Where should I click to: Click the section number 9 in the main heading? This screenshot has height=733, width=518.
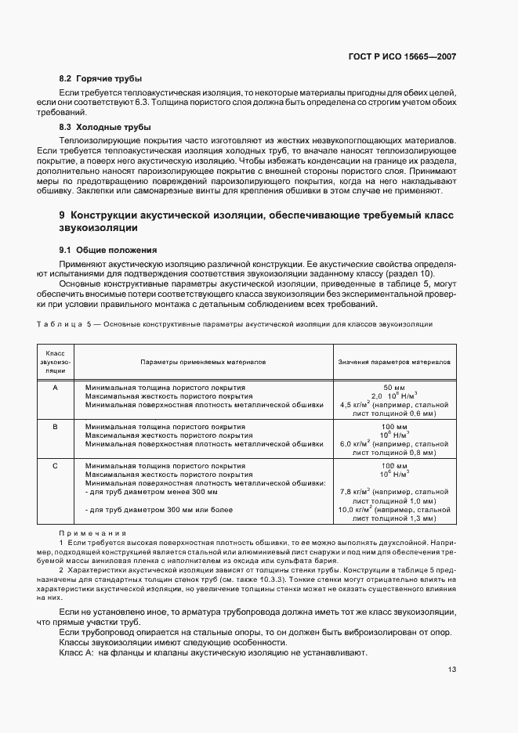point(62,215)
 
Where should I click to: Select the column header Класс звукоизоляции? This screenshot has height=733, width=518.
point(55,363)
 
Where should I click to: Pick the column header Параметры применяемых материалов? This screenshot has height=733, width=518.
point(203,363)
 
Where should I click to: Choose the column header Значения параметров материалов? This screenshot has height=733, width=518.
point(393,363)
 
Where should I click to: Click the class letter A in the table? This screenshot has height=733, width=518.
point(55,388)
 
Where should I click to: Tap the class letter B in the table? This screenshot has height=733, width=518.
point(55,427)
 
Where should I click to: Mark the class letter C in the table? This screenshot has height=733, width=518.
point(55,466)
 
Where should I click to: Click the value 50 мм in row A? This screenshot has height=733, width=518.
point(393,388)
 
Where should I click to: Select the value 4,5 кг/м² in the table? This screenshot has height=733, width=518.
point(354,405)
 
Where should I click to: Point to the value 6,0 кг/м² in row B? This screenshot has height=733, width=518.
point(354,444)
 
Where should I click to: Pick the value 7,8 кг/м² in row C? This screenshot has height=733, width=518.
point(354,492)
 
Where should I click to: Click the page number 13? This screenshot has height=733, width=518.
point(451,669)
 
